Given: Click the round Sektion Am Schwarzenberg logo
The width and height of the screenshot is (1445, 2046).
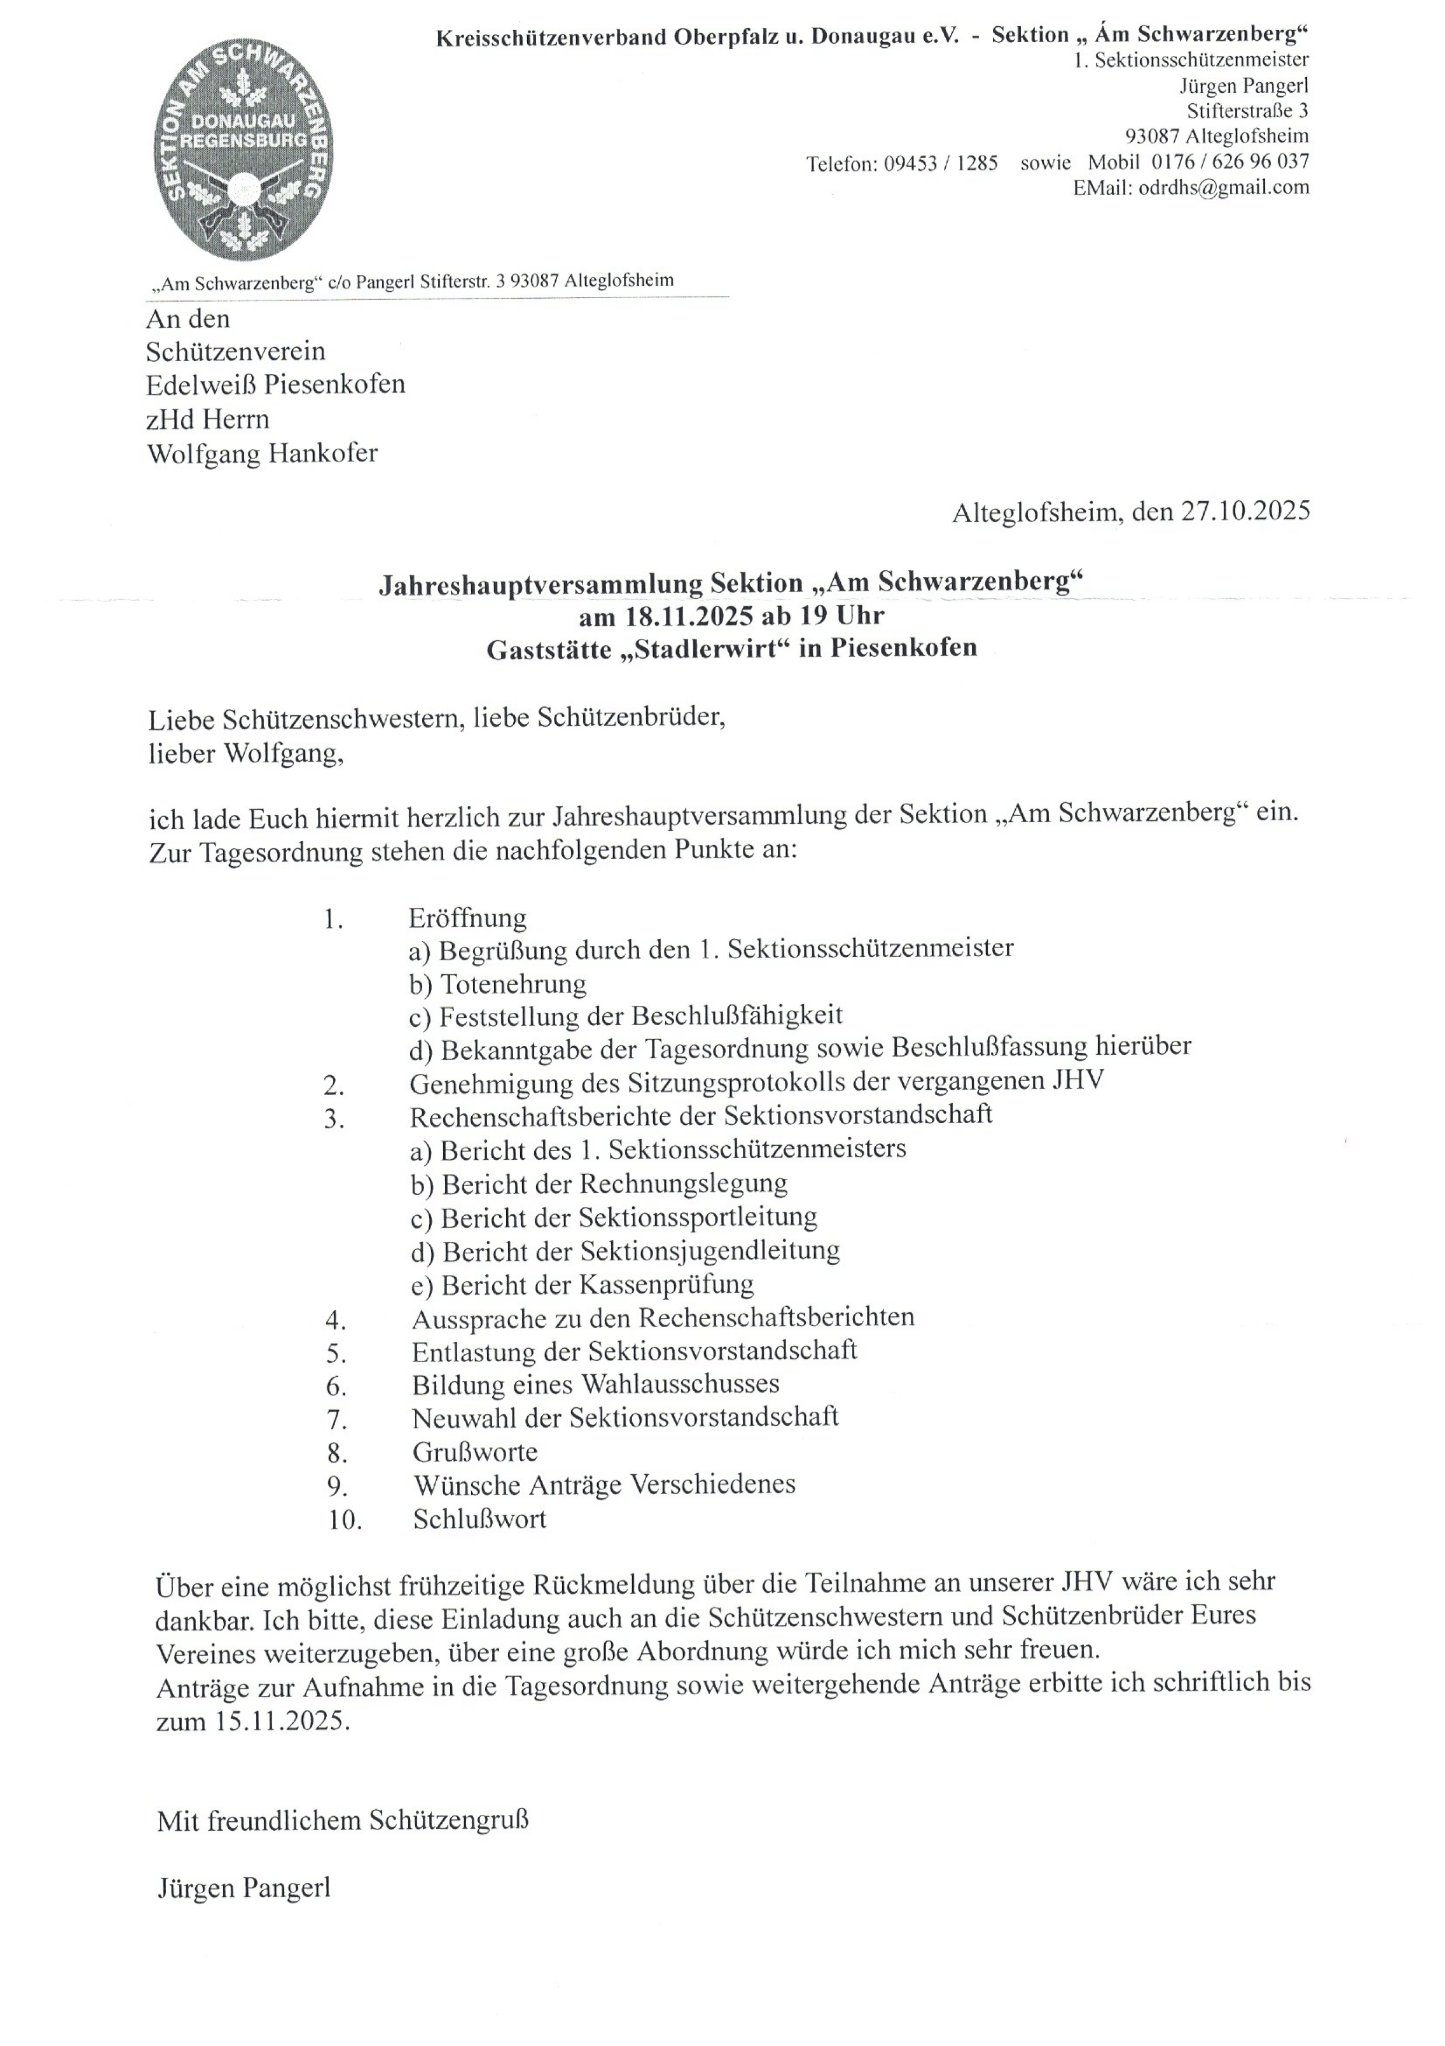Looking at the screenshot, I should pyautogui.click(x=243, y=142).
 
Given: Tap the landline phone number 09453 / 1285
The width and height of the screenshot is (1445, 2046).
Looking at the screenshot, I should pyautogui.click(x=940, y=164).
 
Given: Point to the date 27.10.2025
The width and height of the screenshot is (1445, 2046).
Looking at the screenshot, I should pyautogui.click(x=1246, y=512).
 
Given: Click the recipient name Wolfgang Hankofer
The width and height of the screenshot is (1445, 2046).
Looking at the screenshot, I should pyautogui.click(x=262, y=453).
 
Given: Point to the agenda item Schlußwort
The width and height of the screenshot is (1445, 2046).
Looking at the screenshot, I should pyautogui.click(x=479, y=1519).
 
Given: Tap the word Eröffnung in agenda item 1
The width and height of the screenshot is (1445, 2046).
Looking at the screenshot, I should pyautogui.click(x=468, y=918).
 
